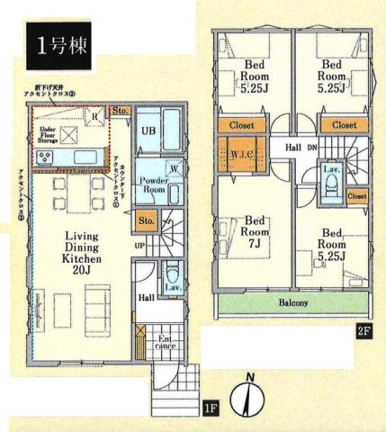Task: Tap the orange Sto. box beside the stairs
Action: click(145, 219)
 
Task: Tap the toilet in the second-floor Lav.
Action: click(330, 185)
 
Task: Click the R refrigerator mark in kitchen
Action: click(93, 116)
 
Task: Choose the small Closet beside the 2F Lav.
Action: click(356, 195)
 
